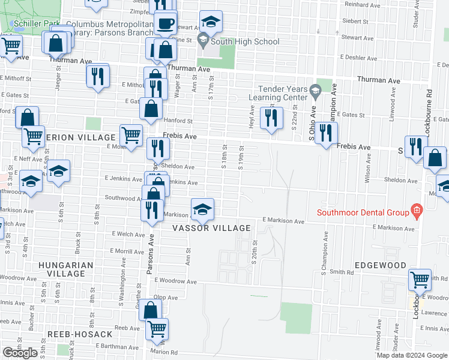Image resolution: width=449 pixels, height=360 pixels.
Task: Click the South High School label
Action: coord(246,41)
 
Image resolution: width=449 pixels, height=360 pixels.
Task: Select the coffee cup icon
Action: coord(166,24)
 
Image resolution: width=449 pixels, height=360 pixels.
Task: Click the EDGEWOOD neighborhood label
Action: coord(381,265)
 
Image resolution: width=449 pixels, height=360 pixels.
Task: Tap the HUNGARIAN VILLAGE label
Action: coord(66,269)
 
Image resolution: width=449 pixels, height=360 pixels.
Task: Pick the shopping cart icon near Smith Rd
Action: coord(420,279)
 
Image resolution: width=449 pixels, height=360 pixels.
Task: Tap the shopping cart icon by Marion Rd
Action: coord(157,329)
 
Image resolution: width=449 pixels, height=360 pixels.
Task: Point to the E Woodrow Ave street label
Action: coord(175,281)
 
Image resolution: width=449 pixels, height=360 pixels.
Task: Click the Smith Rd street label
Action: coord(341,272)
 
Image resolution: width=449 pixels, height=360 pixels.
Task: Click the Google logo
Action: coord(20,353)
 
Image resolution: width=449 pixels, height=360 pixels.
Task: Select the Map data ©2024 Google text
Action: coord(411,355)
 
